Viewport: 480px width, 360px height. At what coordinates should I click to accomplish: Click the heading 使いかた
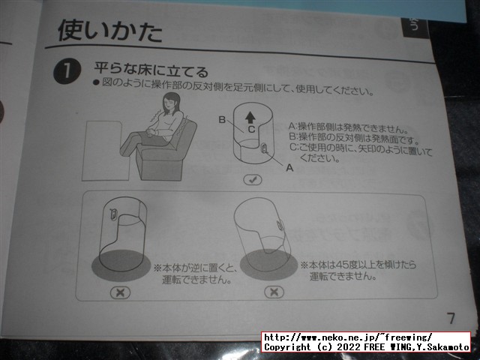point(109,31)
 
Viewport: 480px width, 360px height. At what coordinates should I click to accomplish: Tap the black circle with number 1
point(67,71)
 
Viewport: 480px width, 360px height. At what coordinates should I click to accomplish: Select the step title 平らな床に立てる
point(151,70)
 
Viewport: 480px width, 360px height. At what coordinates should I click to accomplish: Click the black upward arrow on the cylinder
point(250,117)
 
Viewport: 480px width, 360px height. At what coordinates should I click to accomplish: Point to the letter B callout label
point(222,120)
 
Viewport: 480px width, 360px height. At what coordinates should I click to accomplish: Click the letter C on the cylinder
point(251,129)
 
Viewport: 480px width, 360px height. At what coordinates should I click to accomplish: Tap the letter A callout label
point(289,168)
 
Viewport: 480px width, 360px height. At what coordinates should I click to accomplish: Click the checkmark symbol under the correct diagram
point(253,180)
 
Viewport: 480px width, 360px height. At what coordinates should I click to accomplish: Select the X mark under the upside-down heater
point(120,292)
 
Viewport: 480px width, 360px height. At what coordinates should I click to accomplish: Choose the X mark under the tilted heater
point(274,292)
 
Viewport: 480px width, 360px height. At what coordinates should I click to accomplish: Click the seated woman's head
point(172,103)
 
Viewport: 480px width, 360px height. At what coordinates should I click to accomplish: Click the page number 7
point(451,318)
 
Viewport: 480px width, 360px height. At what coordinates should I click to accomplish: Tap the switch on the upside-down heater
point(113,213)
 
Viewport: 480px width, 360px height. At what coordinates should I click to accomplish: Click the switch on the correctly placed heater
point(265,150)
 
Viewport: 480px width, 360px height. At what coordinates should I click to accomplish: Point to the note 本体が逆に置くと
point(196,268)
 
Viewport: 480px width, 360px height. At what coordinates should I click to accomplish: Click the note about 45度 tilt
point(358,270)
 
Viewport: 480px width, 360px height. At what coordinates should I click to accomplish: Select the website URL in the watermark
point(348,337)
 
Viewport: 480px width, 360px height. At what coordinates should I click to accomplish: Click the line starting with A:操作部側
point(348,127)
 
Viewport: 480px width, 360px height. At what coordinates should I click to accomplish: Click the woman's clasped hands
point(151,132)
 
